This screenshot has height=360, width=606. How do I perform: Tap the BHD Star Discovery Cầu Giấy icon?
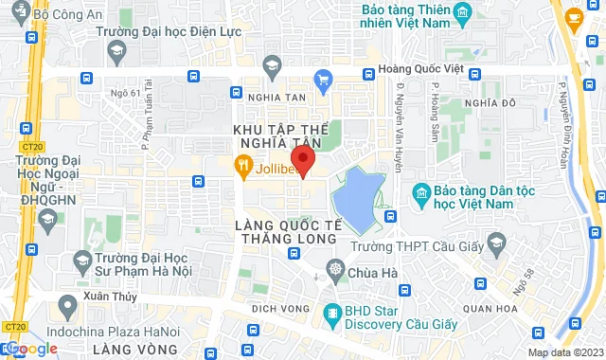tap(331, 312)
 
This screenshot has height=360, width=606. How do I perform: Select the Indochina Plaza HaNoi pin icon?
tap(67, 306)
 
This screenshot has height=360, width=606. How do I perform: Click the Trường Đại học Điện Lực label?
tap(166, 30)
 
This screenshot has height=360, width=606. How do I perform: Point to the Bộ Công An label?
tap(66, 15)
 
